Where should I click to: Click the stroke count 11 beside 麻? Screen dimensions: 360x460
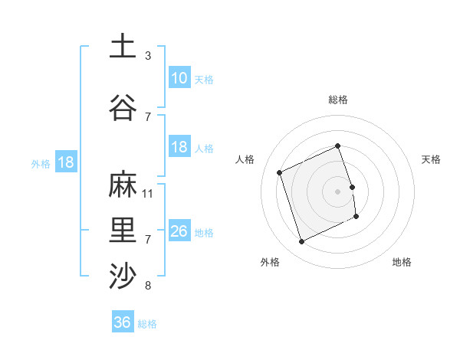[148, 193]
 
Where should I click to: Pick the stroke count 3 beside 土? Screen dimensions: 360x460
[148, 55]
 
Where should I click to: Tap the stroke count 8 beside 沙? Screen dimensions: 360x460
[148, 286]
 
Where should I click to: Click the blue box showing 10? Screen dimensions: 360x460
[179, 78]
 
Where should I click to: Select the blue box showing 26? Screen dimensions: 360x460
[179, 231]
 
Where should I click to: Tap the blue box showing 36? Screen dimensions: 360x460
[122, 322]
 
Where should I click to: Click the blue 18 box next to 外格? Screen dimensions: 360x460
[65, 162]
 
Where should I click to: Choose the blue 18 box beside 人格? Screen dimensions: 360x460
[179, 147]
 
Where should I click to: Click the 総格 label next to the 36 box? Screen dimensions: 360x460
[147, 324]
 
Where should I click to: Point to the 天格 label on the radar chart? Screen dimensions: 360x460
[431, 159]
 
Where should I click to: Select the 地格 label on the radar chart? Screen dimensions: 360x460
[402, 262]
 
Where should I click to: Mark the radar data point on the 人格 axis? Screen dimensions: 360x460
[280, 172]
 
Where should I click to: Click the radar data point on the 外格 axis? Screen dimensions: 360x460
[301, 242]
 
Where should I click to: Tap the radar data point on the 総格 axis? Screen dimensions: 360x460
[337, 146]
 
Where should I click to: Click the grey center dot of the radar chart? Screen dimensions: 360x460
[337, 191]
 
